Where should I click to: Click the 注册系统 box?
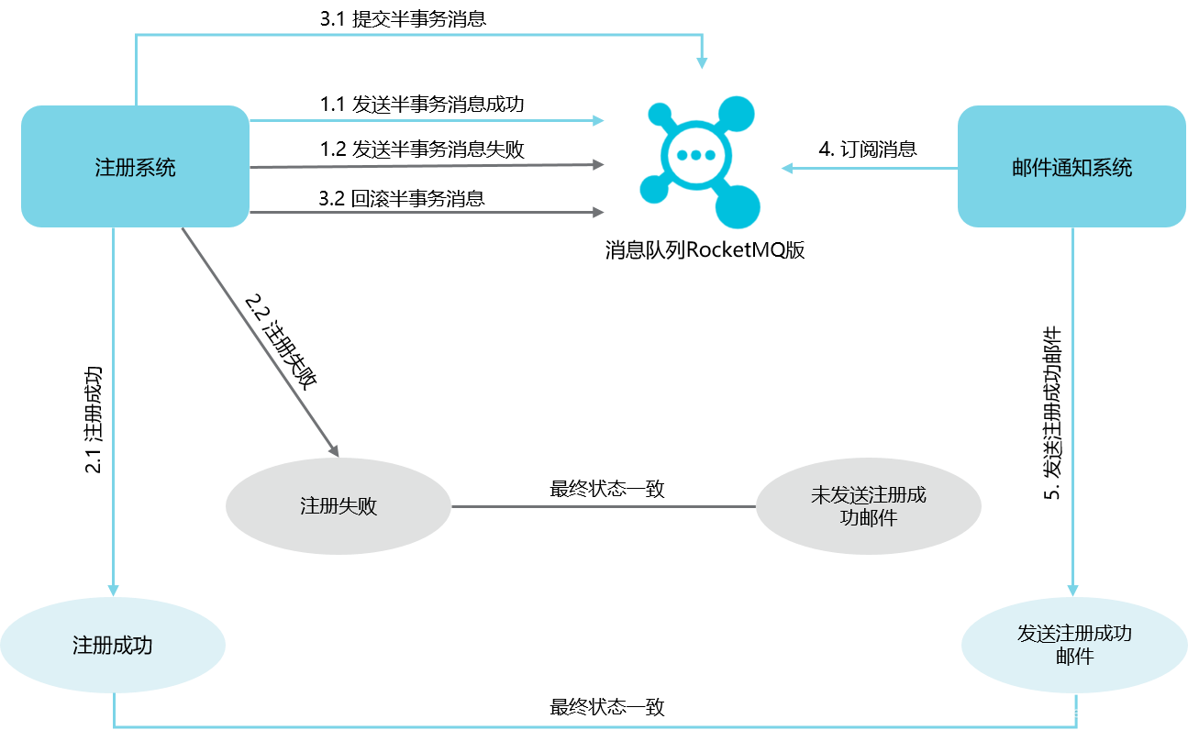pos(135,167)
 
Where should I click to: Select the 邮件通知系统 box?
pos(1071,167)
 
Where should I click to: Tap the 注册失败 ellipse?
pos(339,506)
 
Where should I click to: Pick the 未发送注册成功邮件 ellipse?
pos(868,506)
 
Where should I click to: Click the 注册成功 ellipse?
pos(112,646)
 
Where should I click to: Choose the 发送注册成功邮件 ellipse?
pos(1073,646)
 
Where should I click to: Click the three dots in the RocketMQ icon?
pos(695,155)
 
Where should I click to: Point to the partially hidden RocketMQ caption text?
pos(701,245)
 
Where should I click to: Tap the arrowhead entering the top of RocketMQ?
pos(702,62)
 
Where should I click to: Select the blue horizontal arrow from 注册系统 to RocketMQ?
pos(422,120)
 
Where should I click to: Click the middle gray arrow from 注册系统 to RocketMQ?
pos(422,166)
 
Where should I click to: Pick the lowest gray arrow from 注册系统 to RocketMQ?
pos(422,212)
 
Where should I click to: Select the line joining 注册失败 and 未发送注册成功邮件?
pos(603,506)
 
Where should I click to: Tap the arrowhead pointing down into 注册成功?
pos(113,590)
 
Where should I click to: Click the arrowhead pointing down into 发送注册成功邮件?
pos(1072,590)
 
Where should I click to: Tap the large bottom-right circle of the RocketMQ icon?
pos(738,205)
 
